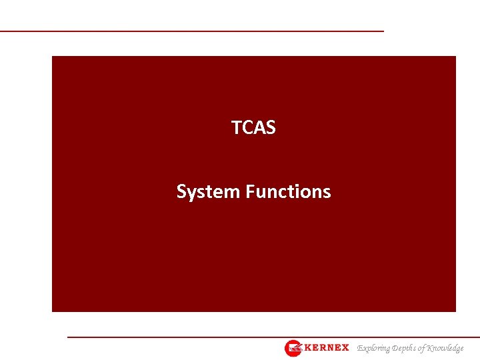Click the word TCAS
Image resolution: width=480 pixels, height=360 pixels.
tap(253, 127)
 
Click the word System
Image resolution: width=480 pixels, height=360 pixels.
tap(209, 192)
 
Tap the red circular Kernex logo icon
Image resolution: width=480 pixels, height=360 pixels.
tap(293, 348)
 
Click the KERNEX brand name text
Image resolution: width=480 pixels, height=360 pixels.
tap(326, 348)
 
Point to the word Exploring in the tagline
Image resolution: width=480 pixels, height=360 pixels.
tap(375, 348)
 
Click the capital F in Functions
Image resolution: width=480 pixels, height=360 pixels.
tap(250, 192)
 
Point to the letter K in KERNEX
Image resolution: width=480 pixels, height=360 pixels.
tap(308, 348)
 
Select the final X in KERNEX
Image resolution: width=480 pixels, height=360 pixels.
tap(345, 348)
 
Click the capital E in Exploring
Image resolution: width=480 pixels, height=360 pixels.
tap(360, 348)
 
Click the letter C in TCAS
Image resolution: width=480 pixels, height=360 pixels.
tap(246, 127)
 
